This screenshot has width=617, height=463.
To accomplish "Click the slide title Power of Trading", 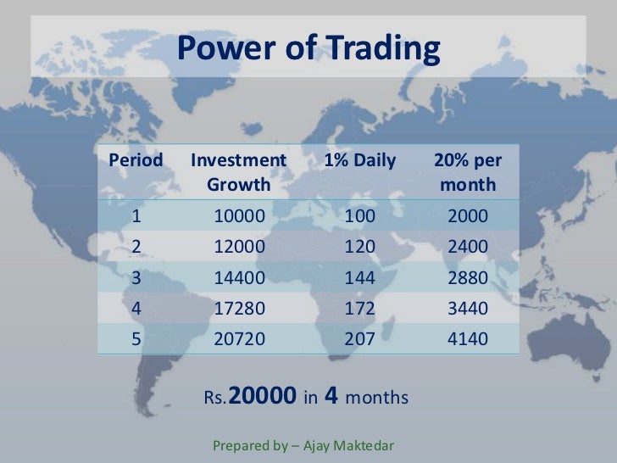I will click(x=308, y=49).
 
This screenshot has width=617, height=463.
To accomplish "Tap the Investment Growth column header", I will click(x=239, y=171).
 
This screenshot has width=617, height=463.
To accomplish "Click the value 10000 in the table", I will click(x=239, y=216).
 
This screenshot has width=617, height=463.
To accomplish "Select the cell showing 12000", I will click(x=239, y=247).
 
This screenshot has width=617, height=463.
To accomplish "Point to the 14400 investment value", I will click(x=239, y=277).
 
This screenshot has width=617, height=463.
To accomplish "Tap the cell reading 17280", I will click(x=239, y=308).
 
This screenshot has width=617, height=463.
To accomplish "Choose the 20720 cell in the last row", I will click(x=239, y=339).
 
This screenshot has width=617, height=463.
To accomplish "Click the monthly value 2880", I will click(x=468, y=277).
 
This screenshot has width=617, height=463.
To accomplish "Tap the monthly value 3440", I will click(x=468, y=308).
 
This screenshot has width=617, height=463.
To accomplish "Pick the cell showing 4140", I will click(x=468, y=339).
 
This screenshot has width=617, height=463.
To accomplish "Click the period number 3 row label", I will click(x=136, y=277).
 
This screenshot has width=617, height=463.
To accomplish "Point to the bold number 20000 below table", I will click(x=263, y=396).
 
